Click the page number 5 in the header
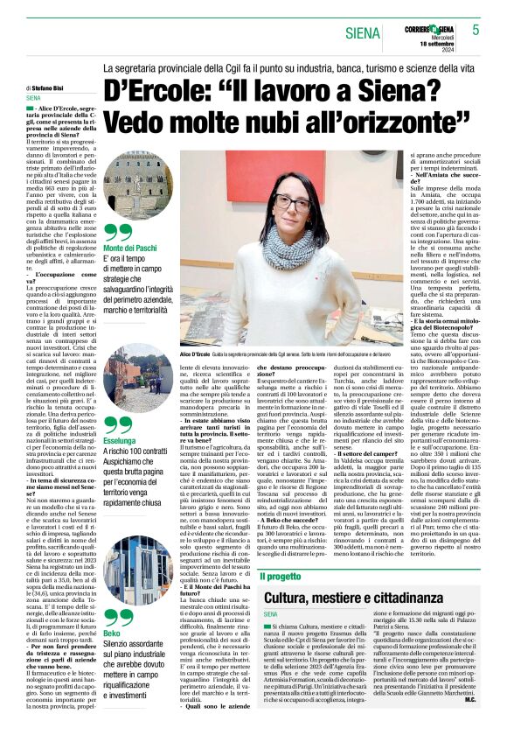(476, 30)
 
